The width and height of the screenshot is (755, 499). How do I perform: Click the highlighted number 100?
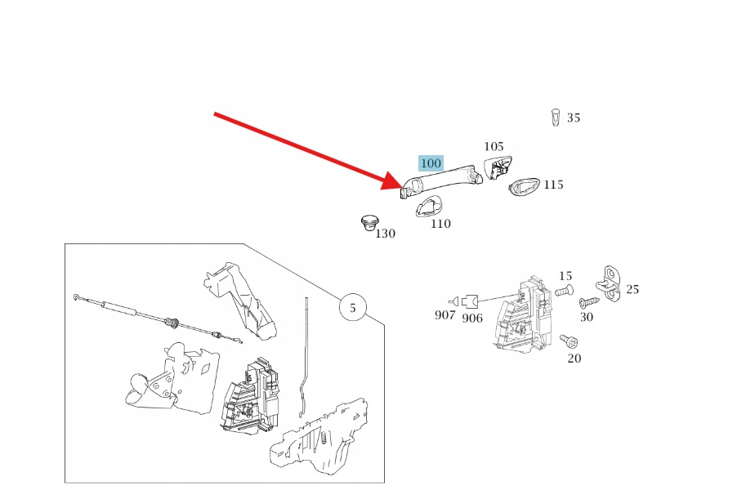click(x=431, y=163)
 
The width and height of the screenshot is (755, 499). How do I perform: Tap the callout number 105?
click(x=494, y=146)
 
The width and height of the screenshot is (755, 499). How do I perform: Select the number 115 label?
click(x=553, y=185)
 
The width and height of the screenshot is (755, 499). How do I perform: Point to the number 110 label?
click(x=440, y=224)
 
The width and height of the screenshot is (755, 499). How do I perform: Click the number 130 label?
click(x=385, y=234)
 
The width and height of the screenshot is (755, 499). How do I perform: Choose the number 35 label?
click(x=574, y=118)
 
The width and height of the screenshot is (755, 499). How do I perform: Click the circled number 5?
click(x=353, y=309)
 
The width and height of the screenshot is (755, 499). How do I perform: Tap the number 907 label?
click(x=445, y=315)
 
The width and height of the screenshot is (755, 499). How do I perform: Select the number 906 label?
click(x=472, y=318)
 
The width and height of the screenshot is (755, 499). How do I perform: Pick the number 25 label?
click(x=632, y=289)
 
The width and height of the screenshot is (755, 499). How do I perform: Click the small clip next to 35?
click(x=556, y=118)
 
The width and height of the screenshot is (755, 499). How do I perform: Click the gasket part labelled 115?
click(x=525, y=187)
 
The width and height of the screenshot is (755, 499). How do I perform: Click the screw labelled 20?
click(x=566, y=339)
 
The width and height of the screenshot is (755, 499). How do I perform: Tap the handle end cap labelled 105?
click(x=497, y=167)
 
